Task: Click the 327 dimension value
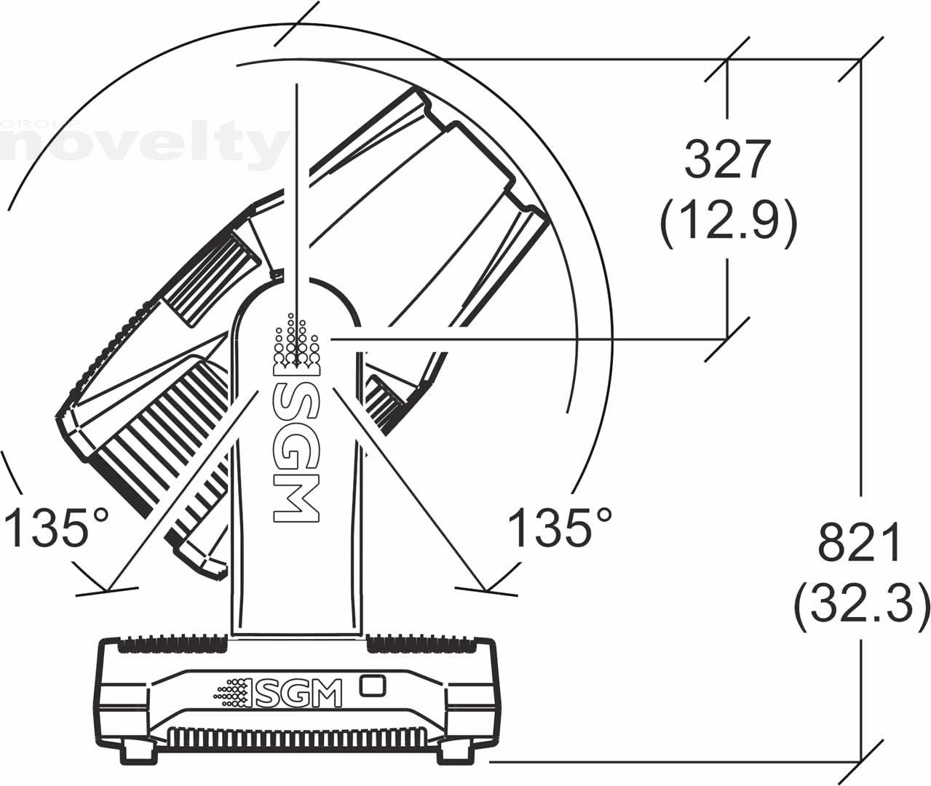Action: pos(727,159)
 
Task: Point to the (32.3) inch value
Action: pos(861,606)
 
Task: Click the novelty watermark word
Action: pos(143,146)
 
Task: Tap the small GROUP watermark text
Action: pos(40,123)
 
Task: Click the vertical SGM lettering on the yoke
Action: pos(296,451)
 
